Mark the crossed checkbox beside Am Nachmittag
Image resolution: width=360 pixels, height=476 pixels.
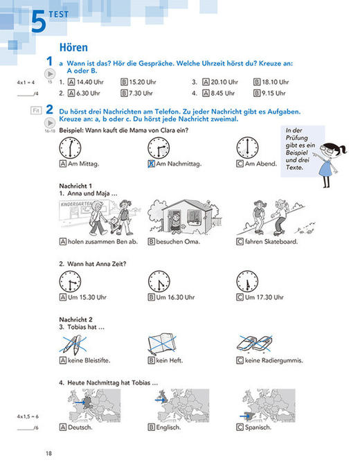pos(151,164)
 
